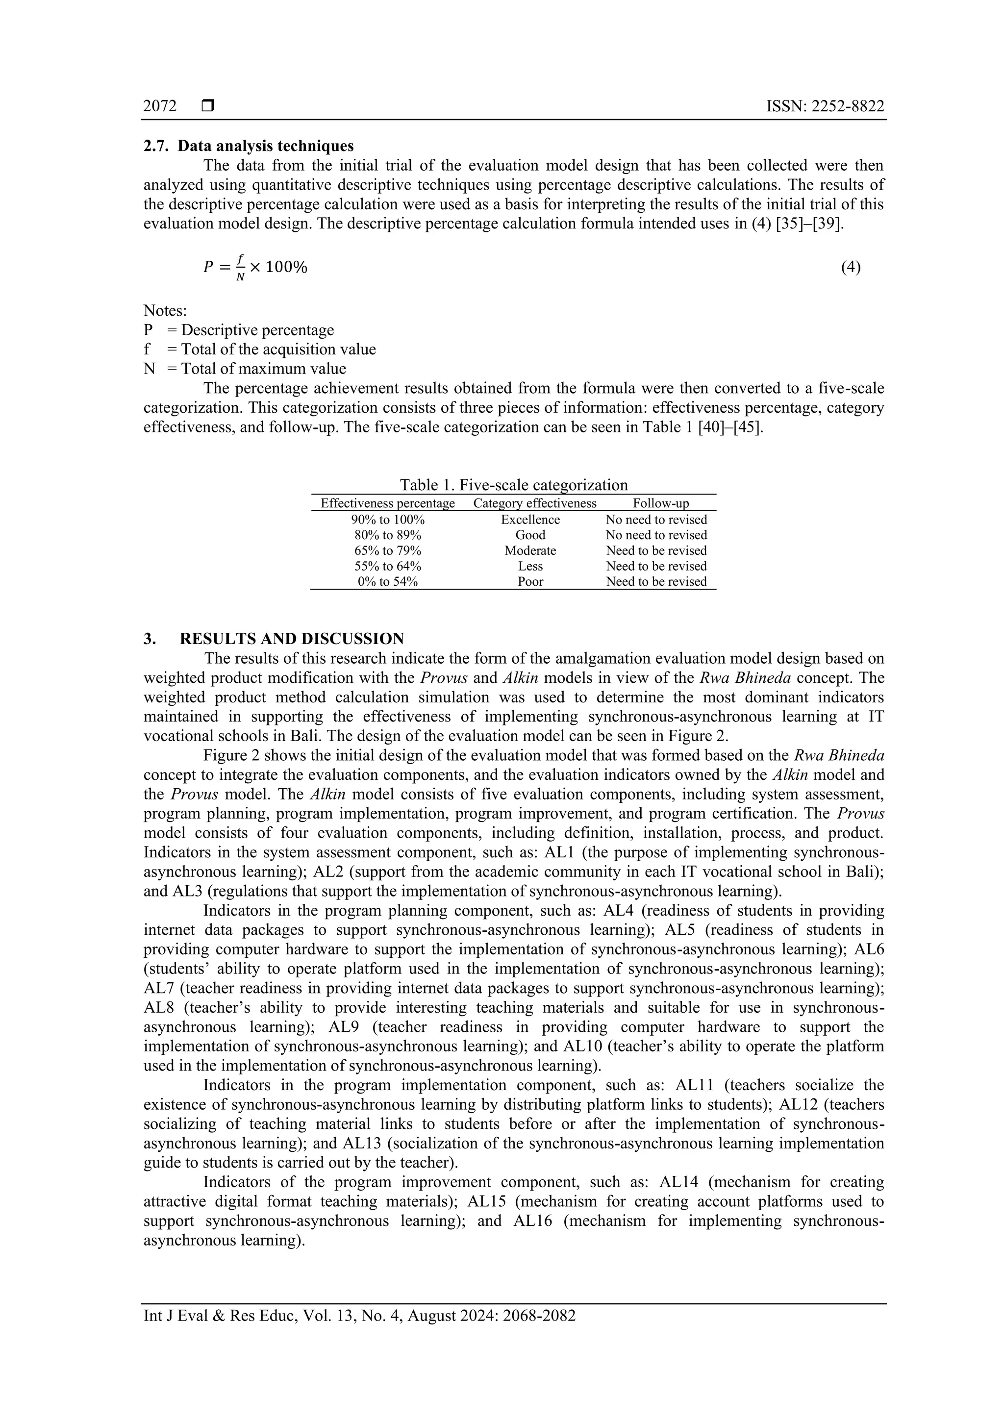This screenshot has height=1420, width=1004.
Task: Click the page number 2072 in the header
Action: [160, 106]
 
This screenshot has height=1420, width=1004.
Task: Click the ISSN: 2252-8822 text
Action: [825, 106]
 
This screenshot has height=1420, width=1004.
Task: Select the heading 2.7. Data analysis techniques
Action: [249, 146]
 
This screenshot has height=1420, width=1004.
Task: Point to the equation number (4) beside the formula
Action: [851, 267]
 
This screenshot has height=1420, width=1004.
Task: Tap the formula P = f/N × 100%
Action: [255, 268]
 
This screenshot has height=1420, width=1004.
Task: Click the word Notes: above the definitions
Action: [165, 310]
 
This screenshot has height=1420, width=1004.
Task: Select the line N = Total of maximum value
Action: [245, 369]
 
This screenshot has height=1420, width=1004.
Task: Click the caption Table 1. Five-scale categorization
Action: [513, 484]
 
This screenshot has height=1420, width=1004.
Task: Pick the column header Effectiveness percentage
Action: [388, 503]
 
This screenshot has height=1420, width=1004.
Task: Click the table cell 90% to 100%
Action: [388, 520]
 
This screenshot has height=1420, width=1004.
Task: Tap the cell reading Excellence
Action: [530, 520]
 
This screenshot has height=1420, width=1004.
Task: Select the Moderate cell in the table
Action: [530, 550]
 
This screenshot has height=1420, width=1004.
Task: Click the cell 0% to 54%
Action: [388, 581]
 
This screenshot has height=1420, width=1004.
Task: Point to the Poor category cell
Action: [530, 581]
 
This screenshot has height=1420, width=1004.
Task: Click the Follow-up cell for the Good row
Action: [656, 535]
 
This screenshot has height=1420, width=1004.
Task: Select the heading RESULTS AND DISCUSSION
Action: [292, 638]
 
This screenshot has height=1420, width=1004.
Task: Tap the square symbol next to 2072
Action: [208, 106]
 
